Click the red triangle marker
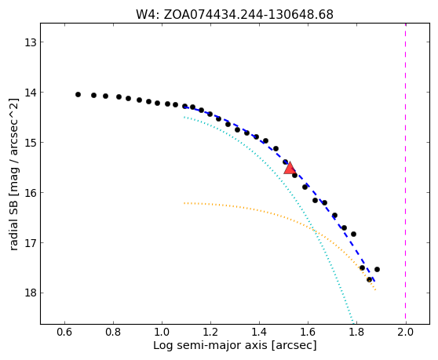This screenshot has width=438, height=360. (290, 168)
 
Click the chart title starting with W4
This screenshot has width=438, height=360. (235, 15)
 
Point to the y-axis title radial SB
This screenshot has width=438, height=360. (13, 174)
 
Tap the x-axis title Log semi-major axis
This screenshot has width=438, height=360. (235, 345)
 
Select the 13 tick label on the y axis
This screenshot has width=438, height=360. (31, 42)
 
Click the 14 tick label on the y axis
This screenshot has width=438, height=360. (31, 93)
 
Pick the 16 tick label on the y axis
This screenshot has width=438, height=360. (31, 193)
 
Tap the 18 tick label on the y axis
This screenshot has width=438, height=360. (31, 293)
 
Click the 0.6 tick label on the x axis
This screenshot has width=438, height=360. (65, 332)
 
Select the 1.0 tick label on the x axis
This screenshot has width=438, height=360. (162, 332)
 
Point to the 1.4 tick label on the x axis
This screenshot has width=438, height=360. (259, 332)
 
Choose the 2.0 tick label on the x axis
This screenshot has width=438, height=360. (406, 332)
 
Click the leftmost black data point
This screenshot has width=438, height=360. (78, 95)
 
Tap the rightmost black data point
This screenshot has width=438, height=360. (377, 269)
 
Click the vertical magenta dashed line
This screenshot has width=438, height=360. (405, 173)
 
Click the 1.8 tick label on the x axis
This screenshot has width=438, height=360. (356, 332)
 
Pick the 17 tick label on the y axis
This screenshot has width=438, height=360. (31, 243)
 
